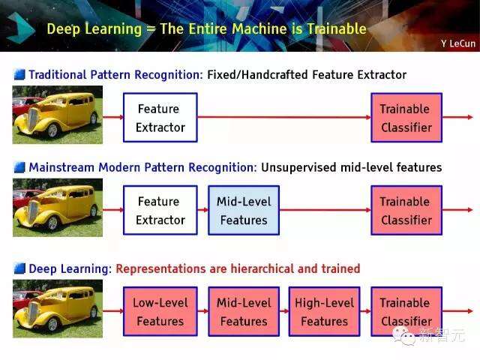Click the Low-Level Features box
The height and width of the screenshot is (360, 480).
pos(160,311)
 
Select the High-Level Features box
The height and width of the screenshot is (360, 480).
pos(325,311)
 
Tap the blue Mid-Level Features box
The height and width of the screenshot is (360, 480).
pos(243,211)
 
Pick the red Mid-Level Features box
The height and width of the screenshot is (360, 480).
pos(243,311)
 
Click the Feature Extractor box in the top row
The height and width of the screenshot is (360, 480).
pos(160,118)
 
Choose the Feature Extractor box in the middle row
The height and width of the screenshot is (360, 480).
pos(160,211)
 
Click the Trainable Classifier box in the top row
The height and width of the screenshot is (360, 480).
pos(406,118)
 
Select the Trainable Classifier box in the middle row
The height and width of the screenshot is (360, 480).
pos(406,211)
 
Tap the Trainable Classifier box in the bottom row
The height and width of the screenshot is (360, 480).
pos(406,311)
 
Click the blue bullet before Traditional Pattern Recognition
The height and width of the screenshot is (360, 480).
pos(19,75)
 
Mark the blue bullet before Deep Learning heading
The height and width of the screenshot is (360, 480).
pos(19,268)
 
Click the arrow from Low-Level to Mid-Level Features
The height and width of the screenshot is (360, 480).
pos(202,311)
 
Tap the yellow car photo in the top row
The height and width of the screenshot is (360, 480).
pos(58,114)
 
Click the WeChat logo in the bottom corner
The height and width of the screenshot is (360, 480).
pos(407,335)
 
